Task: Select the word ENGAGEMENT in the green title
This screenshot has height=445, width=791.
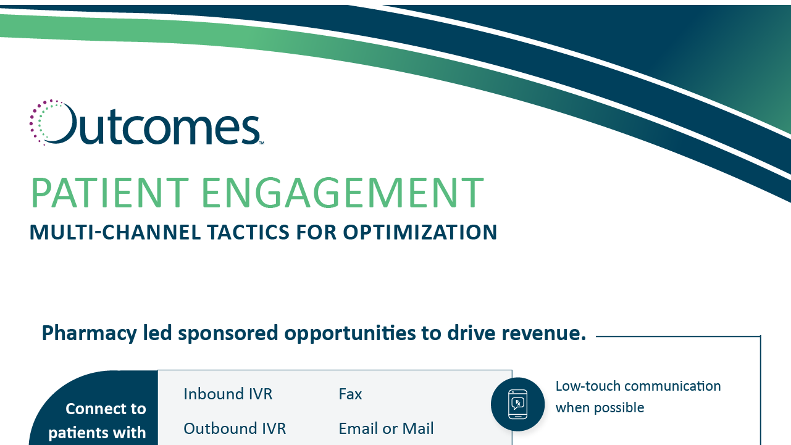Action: tap(343, 193)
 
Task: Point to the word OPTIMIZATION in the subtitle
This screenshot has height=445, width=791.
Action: tap(420, 232)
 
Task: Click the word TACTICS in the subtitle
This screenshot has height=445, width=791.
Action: tap(248, 232)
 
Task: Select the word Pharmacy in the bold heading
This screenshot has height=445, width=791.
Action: tap(89, 333)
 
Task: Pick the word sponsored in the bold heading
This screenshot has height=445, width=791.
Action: tap(228, 333)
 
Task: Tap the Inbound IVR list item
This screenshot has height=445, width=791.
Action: tap(228, 394)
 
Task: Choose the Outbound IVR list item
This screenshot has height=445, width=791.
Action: tap(235, 428)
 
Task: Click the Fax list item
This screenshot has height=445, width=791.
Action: tap(350, 394)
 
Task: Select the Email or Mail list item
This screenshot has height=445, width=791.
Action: tap(386, 428)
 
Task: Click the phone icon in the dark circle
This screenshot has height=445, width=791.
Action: tap(517, 404)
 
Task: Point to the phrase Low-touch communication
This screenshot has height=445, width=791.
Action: tap(638, 386)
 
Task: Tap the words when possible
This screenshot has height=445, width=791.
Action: tap(600, 407)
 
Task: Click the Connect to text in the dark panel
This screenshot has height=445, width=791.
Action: tap(106, 409)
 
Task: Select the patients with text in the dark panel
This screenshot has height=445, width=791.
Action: tap(97, 433)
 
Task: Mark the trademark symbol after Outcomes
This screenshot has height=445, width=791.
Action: tap(262, 143)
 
